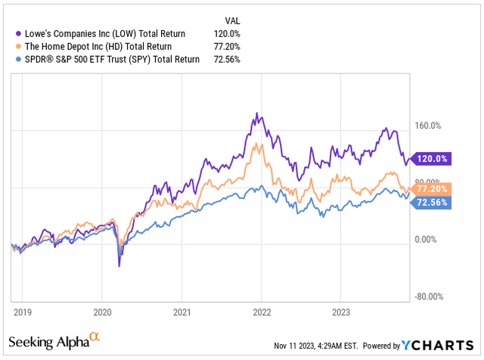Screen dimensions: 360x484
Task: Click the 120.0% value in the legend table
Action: (x=225, y=33)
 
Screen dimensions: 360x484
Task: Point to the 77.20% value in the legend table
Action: (x=224, y=46)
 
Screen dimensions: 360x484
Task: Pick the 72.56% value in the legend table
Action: (x=224, y=59)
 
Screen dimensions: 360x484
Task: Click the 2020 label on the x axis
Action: (x=102, y=310)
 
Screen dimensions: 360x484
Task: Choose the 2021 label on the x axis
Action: (x=181, y=310)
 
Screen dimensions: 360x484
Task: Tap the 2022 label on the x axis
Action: (x=262, y=310)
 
